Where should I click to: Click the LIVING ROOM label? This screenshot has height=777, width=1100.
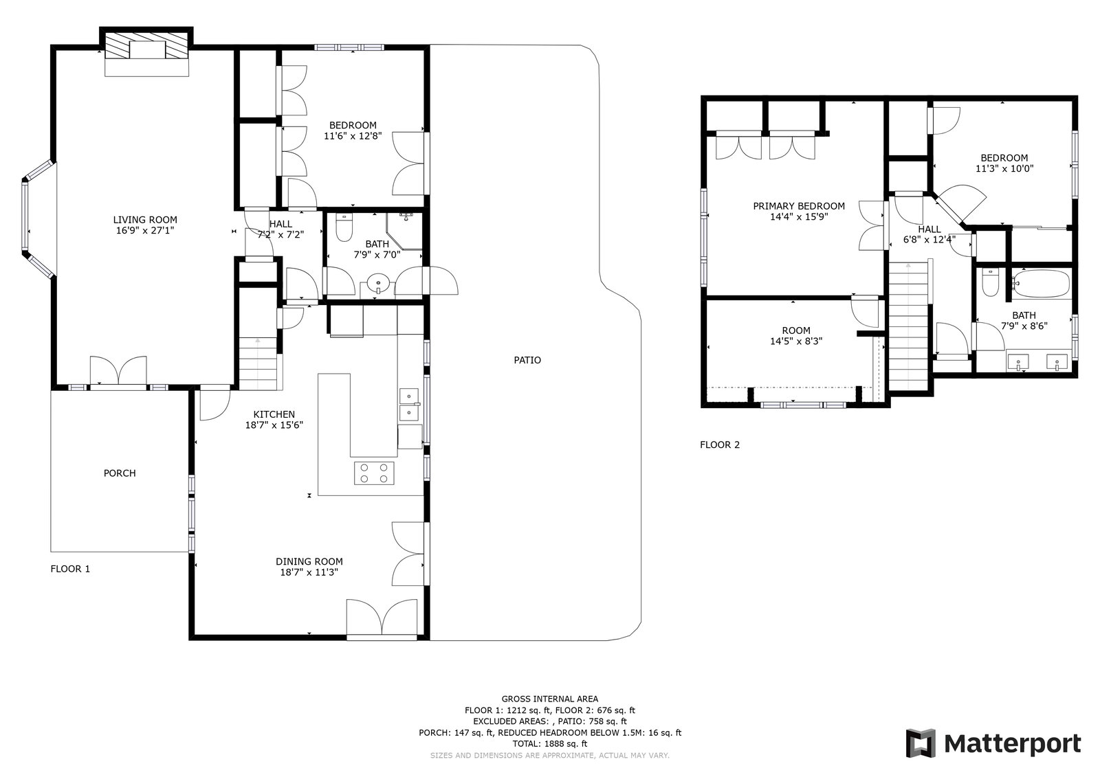point(145,219)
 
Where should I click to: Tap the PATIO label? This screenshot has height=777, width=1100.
point(527,360)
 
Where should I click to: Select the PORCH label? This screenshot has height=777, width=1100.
point(120,473)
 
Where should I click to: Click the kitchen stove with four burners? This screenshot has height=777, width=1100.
point(374,473)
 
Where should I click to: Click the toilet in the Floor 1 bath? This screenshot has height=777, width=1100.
point(344,228)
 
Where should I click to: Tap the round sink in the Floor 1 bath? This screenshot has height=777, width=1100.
point(378,284)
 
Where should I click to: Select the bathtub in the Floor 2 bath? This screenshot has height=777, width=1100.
point(1041,284)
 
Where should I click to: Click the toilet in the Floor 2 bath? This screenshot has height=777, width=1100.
point(990,283)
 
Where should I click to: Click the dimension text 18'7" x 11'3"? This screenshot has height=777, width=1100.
point(309,572)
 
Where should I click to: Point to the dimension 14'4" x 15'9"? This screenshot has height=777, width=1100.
point(798,216)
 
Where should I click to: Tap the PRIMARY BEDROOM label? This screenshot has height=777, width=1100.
point(798,205)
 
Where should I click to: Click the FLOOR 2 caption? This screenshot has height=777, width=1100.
point(719,444)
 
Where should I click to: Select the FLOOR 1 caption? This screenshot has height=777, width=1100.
point(70,569)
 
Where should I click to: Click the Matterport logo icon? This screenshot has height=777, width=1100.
point(921,743)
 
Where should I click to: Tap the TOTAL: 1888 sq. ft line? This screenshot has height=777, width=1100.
point(550,743)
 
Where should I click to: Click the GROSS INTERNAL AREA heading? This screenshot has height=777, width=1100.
point(550,699)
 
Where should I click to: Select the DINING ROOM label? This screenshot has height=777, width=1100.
point(309,561)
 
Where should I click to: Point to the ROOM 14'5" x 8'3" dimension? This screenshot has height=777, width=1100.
point(796,341)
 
